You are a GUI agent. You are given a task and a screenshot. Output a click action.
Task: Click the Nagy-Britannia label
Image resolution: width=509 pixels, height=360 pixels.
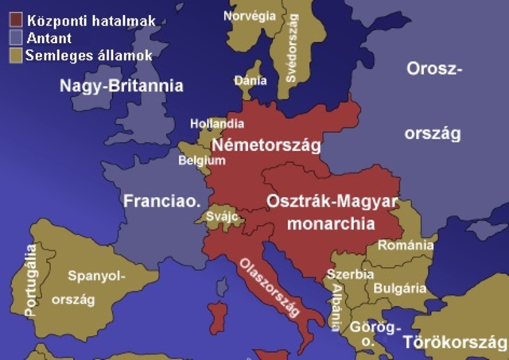point(122,86)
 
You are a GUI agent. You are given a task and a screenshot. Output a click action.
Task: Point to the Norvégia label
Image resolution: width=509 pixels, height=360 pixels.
point(249,15)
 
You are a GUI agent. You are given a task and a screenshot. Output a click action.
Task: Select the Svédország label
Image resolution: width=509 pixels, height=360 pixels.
point(290,48)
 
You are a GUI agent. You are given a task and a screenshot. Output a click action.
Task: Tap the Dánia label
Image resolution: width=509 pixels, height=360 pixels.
point(247,81)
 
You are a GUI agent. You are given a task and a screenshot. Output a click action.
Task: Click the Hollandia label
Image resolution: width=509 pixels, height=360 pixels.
point(216,124)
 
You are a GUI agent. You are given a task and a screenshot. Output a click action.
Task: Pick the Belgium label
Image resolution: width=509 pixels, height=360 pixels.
point(202,160)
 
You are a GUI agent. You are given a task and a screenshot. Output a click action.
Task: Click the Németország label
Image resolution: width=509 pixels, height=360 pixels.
point(266,145)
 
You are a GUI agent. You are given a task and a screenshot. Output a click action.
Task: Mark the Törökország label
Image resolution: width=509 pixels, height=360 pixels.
point(453,343)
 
